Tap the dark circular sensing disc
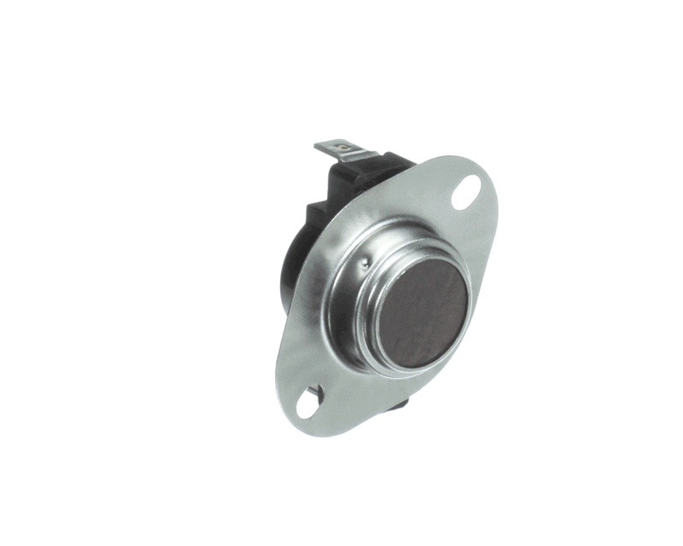click(423, 313)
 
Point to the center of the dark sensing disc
click(423, 313)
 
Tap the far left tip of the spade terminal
click(317, 146)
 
